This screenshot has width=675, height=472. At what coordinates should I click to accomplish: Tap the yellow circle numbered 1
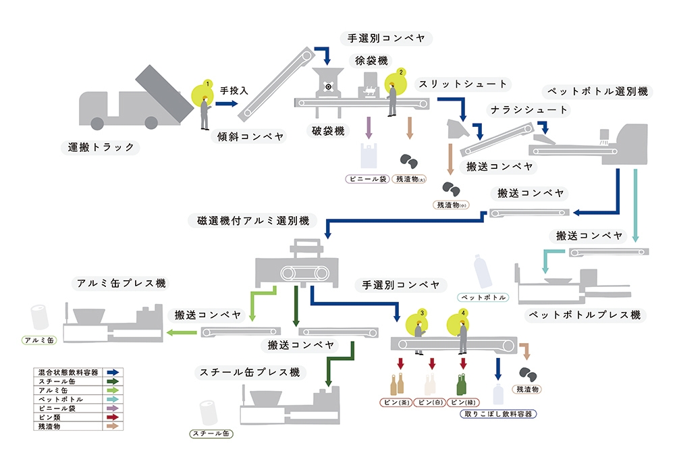tap(204, 94)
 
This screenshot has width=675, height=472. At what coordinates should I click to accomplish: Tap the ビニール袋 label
tap(367, 180)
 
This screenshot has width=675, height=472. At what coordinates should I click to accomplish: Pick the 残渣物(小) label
tap(450, 205)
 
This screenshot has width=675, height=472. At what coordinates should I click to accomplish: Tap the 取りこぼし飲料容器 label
tap(497, 414)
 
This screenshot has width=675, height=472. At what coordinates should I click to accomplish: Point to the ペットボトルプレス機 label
tap(585, 315)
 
